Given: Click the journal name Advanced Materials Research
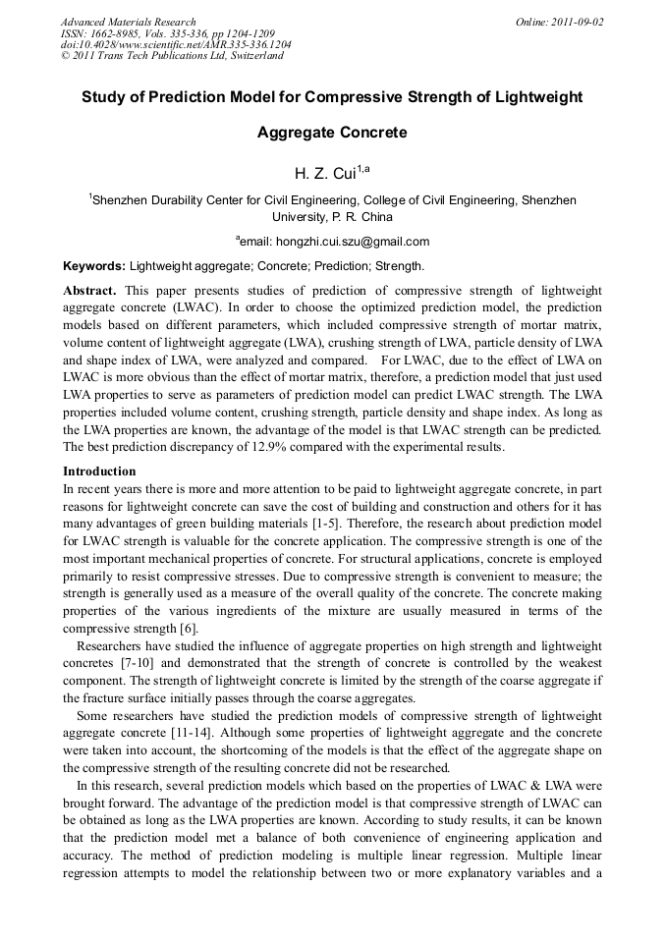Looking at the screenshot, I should [x=128, y=22].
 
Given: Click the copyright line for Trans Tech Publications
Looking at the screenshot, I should [x=172, y=56].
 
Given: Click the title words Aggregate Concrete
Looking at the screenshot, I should [x=332, y=132].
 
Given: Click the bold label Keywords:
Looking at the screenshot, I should [x=94, y=266].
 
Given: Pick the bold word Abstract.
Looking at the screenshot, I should [x=89, y=291].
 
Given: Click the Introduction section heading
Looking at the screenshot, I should [x=99, y=471].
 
